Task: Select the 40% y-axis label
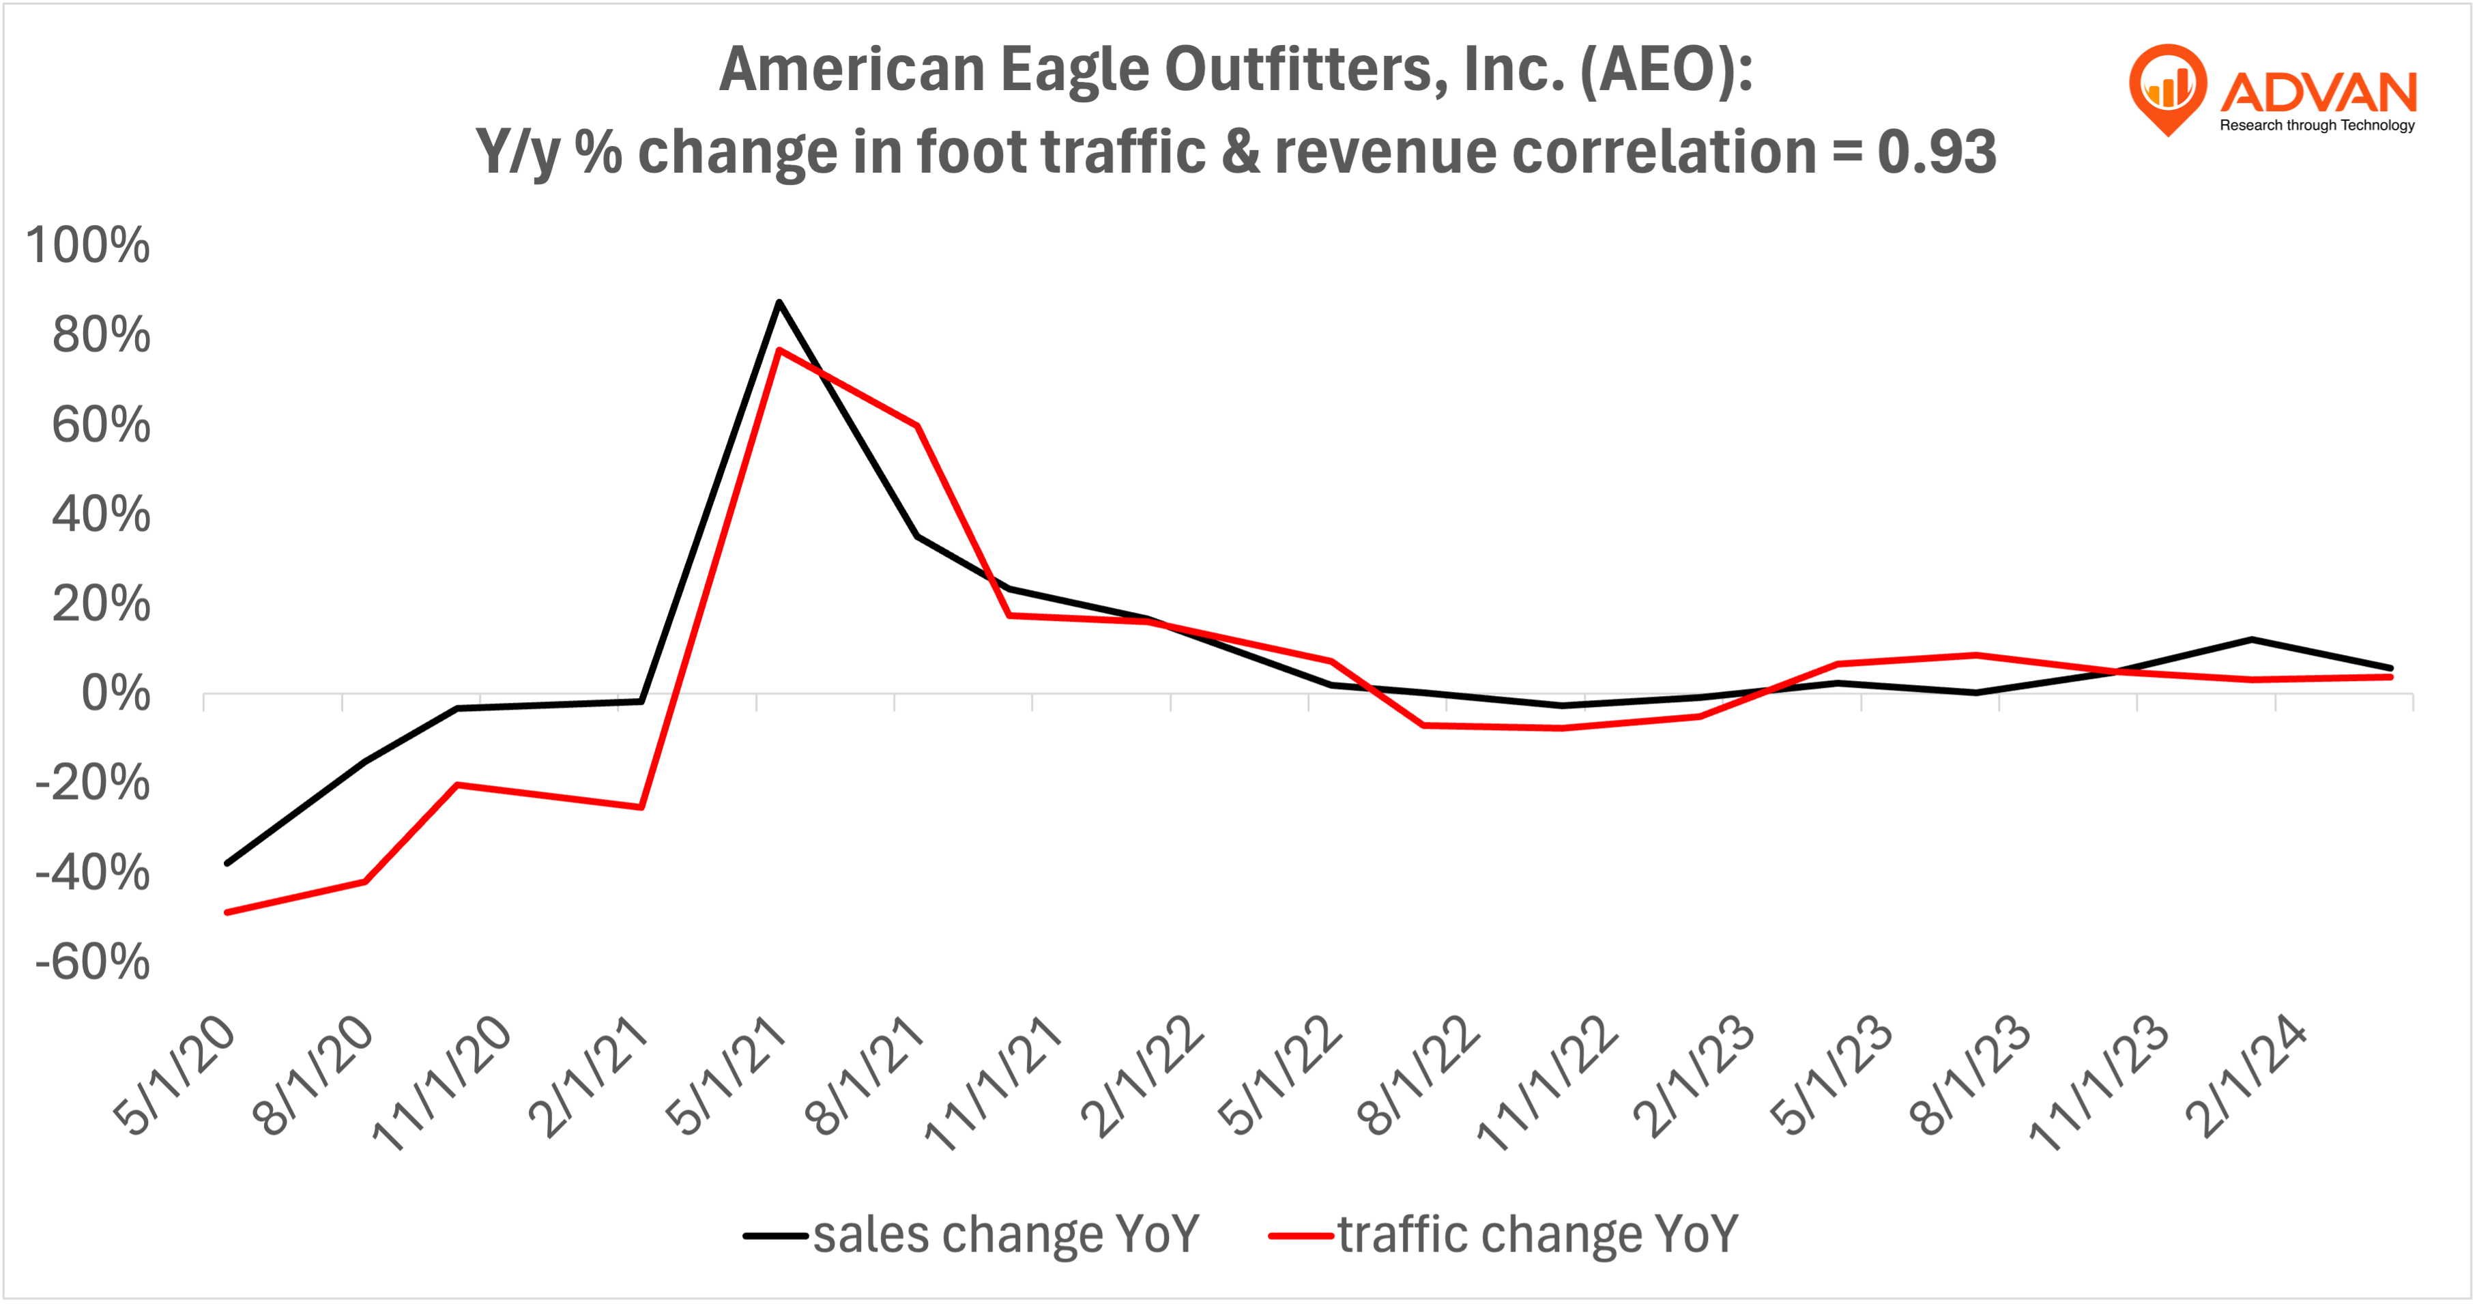pos(101,515)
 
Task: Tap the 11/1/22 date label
pos(1548,1082)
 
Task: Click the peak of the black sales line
pos(779,302)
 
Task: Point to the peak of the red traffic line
pos(779,349)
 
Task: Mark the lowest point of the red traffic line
pos(227,912)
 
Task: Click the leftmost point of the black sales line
pos(227,864)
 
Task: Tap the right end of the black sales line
pos(2390,668)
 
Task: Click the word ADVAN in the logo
pos(2318,92)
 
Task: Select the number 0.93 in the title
pos(1937,152)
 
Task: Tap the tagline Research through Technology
pos(2317,125)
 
